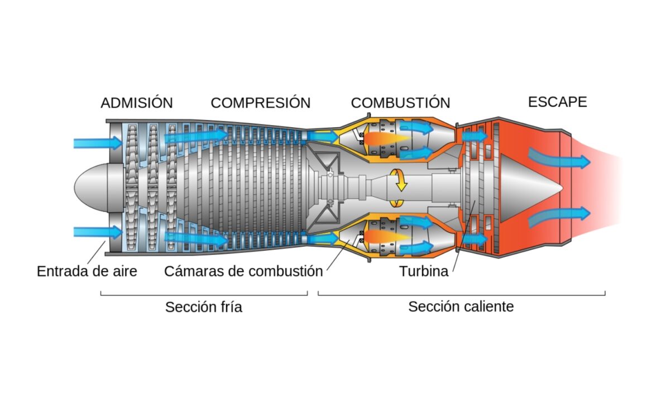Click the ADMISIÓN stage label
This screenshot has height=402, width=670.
[x=137, y=103]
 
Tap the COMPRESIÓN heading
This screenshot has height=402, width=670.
[x=260, y=103]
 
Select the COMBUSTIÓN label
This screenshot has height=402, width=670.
[x=400, y=103]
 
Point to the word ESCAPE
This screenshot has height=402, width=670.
[x=557, y=102]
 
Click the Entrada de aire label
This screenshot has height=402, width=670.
[x=87, y=271]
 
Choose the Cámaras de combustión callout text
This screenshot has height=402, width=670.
[x=243, y=271]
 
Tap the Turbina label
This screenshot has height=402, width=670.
[x=423, y=272]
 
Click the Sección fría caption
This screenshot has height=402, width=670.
[x=204, y=307]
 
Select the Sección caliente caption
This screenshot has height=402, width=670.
[x=461, y=307]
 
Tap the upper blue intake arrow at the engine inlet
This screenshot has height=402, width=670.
[x=98, y=143]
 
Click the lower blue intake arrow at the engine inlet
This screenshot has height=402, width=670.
[x=98, y=232]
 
